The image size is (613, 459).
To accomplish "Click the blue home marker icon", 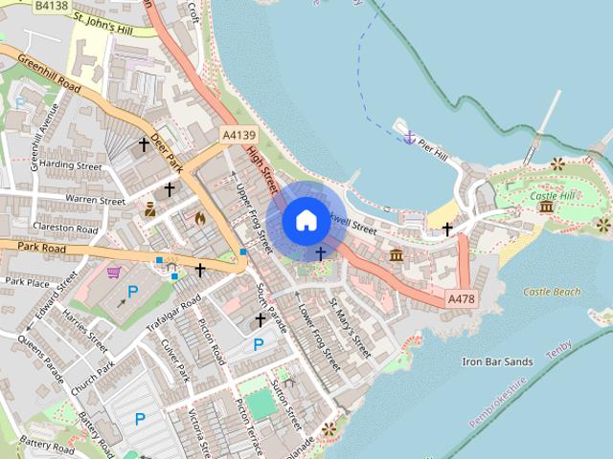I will [x=306, y=221].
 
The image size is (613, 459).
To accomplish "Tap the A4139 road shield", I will [x=238, y=137].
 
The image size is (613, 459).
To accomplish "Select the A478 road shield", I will [x=461, y=299].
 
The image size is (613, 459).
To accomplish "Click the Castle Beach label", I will [x=553, y=292].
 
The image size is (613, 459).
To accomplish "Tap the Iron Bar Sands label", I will [x=497, y=361].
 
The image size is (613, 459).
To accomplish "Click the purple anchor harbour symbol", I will [x=409, y=139].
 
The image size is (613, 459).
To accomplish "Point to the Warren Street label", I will [x=95, y=200].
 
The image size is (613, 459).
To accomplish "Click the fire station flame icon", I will [x=200, y=218].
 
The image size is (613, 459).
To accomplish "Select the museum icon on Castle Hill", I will [x=546, y=207].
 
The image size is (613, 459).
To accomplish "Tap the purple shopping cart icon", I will [x=114, y=272].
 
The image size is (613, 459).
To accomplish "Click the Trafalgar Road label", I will [x=173, y=317].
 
